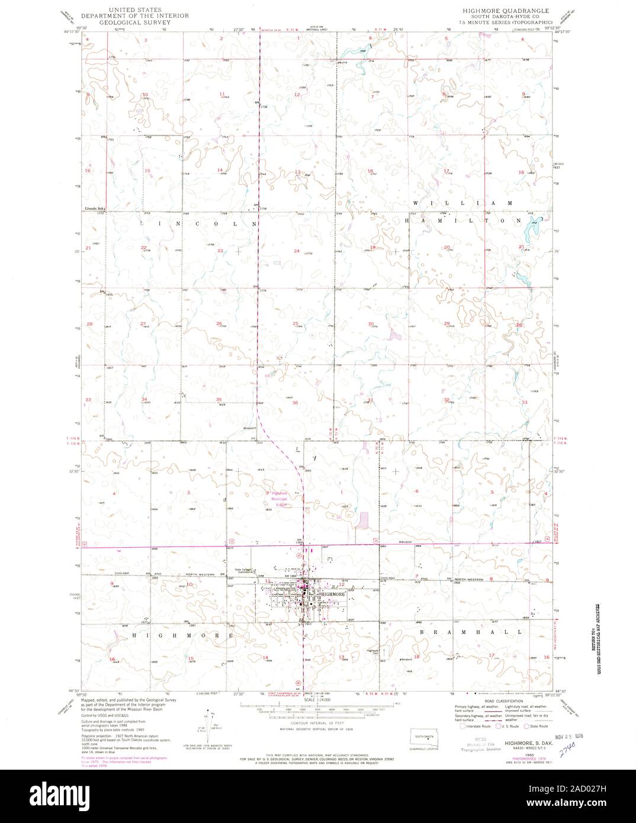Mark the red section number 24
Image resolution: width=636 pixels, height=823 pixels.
296,251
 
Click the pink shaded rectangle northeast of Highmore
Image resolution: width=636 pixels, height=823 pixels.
363,521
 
